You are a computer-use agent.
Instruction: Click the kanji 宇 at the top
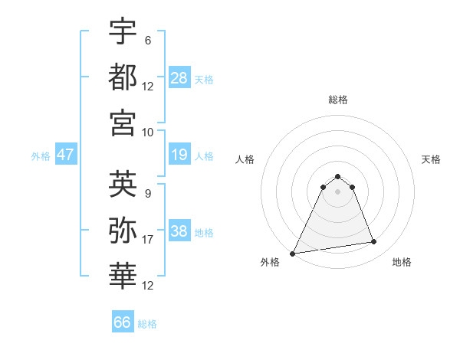(x=123, y=32)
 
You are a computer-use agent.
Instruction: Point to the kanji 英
(x=123, y=184)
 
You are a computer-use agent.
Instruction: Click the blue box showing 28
(x=179, y=77)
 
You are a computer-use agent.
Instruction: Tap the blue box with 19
(x=179, y=155)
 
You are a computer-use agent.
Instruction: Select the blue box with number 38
(x=179, y=231)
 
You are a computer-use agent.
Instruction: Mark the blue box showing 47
(x=66, y=154)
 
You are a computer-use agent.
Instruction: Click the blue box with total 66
(x=123, y=322)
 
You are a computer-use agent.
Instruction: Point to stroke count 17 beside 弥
(x=148, y=240)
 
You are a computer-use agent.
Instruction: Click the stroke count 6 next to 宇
(x=147, y=40)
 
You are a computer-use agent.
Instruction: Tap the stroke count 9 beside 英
(x=147, y=193)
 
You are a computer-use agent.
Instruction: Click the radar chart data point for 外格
(x=293, y=254)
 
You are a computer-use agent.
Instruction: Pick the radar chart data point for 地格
(x=374, y=242)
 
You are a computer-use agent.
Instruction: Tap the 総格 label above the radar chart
(x=337, y=100)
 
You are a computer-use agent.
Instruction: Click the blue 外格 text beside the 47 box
(x=41, y=155)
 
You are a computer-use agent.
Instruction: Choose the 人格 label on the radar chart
(x=246, y=159)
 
